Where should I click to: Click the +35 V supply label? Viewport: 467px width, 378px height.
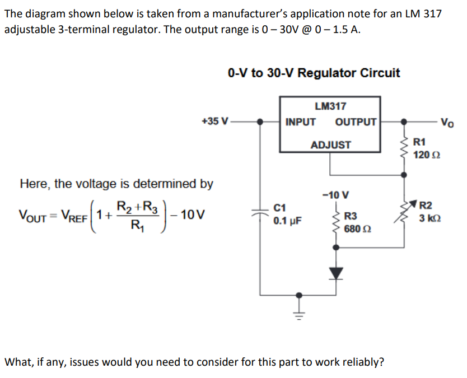point(215,121)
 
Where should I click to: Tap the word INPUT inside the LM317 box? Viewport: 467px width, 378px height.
point(300,122)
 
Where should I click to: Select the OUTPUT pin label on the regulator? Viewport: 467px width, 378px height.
point(356,122)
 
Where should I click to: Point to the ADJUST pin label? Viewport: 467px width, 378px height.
point(330,145)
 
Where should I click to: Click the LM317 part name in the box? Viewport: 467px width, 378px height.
point(330,106)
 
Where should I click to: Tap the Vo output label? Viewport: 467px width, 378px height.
point(447,122)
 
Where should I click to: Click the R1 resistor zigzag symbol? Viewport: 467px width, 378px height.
point(404,148)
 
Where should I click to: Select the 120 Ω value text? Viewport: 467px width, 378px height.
point(427,155)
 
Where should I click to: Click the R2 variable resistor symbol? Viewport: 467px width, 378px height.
point(404,212)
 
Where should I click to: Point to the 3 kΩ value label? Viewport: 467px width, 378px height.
point(430,218)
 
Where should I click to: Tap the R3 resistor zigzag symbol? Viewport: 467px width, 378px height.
point(337,223)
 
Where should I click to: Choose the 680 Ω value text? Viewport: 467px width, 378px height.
point(357,229)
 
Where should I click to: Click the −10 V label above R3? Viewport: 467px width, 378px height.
point(335,195)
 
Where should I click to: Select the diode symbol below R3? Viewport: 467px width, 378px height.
point(337,273)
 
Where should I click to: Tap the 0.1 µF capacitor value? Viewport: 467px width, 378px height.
point(287,221)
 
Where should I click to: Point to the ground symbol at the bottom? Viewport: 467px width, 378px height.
point(300,315)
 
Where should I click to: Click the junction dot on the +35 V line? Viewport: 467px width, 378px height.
point(260,122)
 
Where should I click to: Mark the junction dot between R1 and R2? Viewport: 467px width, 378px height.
point(404,175)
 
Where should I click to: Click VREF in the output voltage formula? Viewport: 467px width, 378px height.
point(74,215)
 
